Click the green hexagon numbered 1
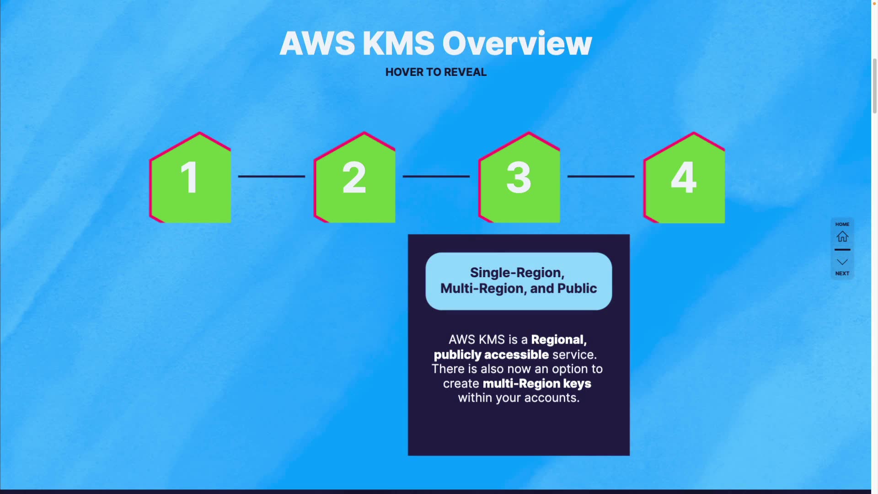[x=190, y=178]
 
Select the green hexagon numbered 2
[x=355, y=178]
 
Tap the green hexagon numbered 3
[x=519, y=178]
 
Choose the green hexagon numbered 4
[x=684, y=178]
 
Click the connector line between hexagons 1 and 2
[x=271, y=176]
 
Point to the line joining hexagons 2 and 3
[x=436, y=176]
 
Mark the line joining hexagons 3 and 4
[x=600, y=176]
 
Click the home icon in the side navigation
[x=842, y=236]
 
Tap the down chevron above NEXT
[x=842, y=262]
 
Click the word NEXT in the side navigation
[x=842, y=274]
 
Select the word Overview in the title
[x=517, y=44]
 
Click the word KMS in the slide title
[x=398, y=44]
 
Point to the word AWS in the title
[x=317, y=44]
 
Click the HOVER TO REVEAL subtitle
[x=436, y=72]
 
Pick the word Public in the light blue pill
[x=577, y=289]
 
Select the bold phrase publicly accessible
[x=491, y=355]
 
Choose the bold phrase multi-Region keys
[x=537, y=384]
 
